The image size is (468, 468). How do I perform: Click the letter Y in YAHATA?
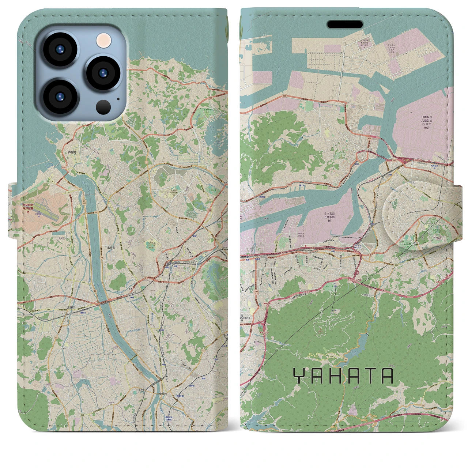[299, 376]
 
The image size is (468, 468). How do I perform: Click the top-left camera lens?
[59, 49]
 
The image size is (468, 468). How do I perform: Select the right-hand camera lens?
[102, 73]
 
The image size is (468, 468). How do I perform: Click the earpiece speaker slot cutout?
[345, 24]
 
